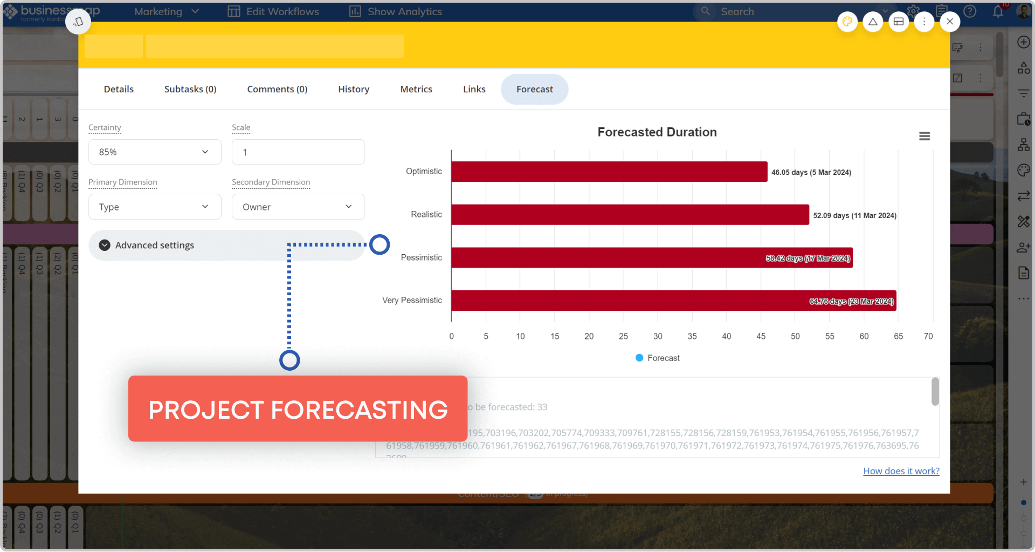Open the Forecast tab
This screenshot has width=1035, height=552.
(x=534, y=89)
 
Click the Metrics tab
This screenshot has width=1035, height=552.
(x=416, y=89)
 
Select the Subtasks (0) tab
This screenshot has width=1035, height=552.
(x=190, y=89)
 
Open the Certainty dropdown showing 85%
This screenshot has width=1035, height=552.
(x=155, y=152)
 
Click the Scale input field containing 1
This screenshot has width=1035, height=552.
(x=298, y=152)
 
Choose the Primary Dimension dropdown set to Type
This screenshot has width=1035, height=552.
(x=155, y=207)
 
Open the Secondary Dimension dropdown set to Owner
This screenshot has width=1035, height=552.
(x=298, y=207)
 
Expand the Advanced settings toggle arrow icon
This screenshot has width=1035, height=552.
(x=105, y=246)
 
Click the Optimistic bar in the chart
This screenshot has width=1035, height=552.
(x=609, y=172)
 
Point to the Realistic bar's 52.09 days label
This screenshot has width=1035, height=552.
(x=854, y=215)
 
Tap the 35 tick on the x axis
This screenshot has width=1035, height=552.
(x=692, y=336)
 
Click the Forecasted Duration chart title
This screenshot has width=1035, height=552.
(x=657, y=132)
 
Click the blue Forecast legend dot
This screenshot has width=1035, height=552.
(x=639, y=358)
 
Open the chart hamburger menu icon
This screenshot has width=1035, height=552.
(x=924, y=136)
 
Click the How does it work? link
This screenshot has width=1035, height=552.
(x=901, y=471)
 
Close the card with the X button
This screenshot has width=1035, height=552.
(x=949, y=22)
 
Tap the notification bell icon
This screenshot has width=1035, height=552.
(x=998, y=11)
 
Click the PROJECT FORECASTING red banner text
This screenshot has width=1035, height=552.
(x=298, y=409)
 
